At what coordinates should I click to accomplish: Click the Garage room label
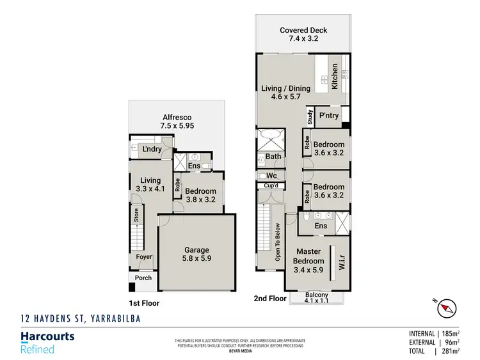pyautogui.click(x=197, y=255)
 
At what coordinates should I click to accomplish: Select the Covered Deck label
pyautogui.click(x=303, y=35)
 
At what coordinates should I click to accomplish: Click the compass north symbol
pyautogui.click(x=446, y=309)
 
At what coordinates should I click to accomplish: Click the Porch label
pyautogui.click(x=143, y=279)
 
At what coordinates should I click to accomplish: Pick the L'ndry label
pyautogui.click(x=151, y=149)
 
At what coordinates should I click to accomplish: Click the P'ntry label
pyautogui.click(x=328, y=116)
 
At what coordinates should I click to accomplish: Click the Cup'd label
pyautogui.click(x=271, y=186)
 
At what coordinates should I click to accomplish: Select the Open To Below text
pyautogui.click(x=278, y=242)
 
